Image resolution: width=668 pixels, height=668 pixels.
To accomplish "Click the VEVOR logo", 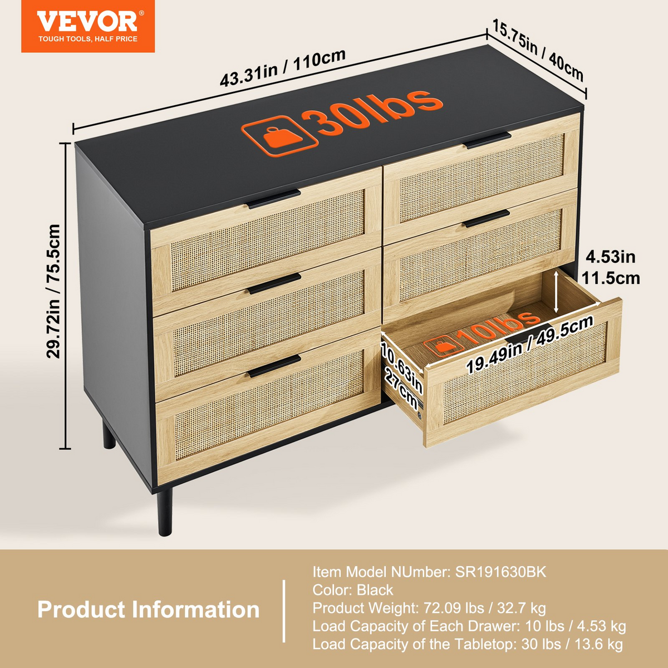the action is click(x=88, y=26).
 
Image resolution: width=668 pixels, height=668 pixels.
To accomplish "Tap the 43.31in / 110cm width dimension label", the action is click(x=283, y=67).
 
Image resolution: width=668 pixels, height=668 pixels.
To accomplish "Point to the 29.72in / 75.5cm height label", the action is click(x=53, y=291).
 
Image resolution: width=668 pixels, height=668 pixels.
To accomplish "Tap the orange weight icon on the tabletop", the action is click(x=279, y=136).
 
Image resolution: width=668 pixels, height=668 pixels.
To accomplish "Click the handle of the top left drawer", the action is click(x=274, y=199).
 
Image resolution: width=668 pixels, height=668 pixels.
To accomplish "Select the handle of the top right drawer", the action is click(x=489, y=140).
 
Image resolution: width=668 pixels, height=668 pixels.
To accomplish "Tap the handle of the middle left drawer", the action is click(x=274, y=283).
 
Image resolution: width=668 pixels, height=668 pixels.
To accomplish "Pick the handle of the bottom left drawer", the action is click(x=274, y=366).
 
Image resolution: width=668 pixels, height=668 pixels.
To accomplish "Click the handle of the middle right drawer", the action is click(x=487, y=218).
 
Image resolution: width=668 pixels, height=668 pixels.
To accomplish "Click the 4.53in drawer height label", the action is click(x=611, y=257).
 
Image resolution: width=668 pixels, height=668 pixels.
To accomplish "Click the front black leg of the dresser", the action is click(x=164, y=513).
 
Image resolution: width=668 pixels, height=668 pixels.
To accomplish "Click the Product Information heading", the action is click(x=149, y=609).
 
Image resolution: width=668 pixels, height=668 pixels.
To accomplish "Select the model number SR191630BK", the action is click(x=500, y=572).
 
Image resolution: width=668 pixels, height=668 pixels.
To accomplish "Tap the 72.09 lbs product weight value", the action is click(x=454, y=608).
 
